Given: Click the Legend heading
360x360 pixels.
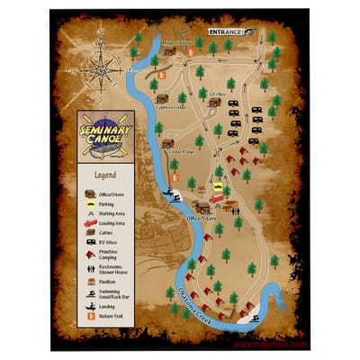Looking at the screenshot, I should click(x=105, y=175).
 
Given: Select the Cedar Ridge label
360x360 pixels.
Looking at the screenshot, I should click(x=182, y=150).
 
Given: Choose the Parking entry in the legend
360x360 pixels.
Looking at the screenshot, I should click(x=114, y=205).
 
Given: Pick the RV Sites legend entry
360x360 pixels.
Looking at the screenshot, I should click(x=115, y=243).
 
